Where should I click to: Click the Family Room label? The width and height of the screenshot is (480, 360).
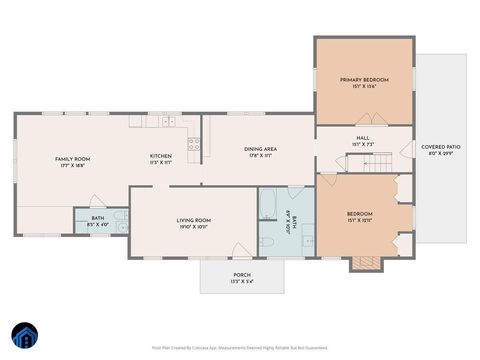tap(72, 159)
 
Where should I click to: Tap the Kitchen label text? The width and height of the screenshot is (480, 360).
tap(160, 156)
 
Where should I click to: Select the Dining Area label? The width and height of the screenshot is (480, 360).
tap(260, 149)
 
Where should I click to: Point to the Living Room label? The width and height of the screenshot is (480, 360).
tap(193, 220)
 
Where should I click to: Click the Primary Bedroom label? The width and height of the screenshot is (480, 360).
tap(363, 80)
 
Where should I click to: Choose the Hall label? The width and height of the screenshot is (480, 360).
tap(362, 139)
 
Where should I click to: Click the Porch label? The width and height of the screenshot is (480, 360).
tap(241, 275)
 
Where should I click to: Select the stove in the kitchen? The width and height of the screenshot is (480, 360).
tap(194, 143)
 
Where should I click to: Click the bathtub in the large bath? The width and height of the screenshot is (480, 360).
tap(269, 205)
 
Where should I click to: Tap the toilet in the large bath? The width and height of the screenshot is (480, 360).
tap(267, 242)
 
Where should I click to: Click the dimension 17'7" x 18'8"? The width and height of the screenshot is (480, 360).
tap(72, 166)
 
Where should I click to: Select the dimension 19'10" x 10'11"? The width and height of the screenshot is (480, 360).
tap(193, 227)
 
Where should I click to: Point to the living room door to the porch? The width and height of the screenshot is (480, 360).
tap(241, 251)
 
